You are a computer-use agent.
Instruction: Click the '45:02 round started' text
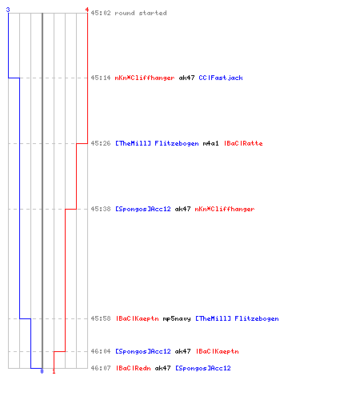(x=129, y=13)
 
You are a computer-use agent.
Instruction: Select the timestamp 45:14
(x=101, y=78)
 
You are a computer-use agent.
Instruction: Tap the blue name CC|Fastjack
(x=221, y=78)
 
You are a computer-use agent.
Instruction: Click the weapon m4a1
(x=210, y=143)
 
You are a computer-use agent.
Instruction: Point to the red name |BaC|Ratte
(x=243, y=143)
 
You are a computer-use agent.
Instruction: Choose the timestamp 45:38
(x=101, y=209)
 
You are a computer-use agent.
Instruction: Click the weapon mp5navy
(x=177, y=318)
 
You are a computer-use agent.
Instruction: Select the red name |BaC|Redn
(x=134, y=368)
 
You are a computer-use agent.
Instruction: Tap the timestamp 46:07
(x=101, y=368)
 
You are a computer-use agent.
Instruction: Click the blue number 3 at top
(x=8, y=10)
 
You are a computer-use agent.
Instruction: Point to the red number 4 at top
(x=87, y=10)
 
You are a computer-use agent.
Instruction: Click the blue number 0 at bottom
(x=42, y=371)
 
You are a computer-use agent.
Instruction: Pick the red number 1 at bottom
(x=54, y=371)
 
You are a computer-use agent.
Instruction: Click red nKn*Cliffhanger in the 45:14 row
(x=145, y=78)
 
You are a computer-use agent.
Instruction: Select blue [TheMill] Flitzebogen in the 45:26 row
(x=157, y=143)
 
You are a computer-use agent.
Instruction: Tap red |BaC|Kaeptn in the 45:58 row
(x=138, y=318)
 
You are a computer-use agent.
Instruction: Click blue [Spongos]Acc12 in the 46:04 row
(x=143, y=351)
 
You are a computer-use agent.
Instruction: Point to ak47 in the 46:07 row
(x=162, y=368)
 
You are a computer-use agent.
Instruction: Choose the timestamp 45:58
(x=101, y=318)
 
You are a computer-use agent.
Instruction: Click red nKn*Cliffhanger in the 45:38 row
(x=225, y=209)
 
